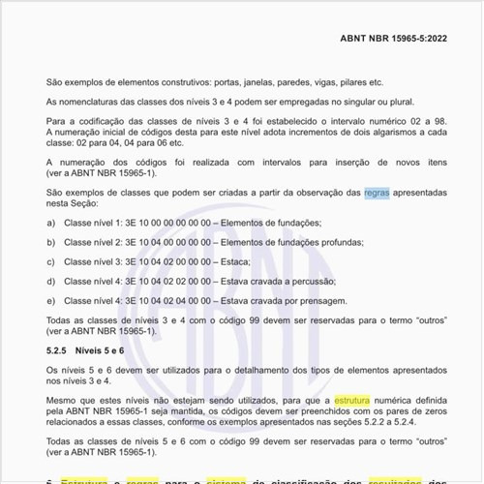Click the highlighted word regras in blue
pyautogui.click(x=378, y=194)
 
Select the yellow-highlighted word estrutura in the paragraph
pyautogui.click(x=356, y=399)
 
